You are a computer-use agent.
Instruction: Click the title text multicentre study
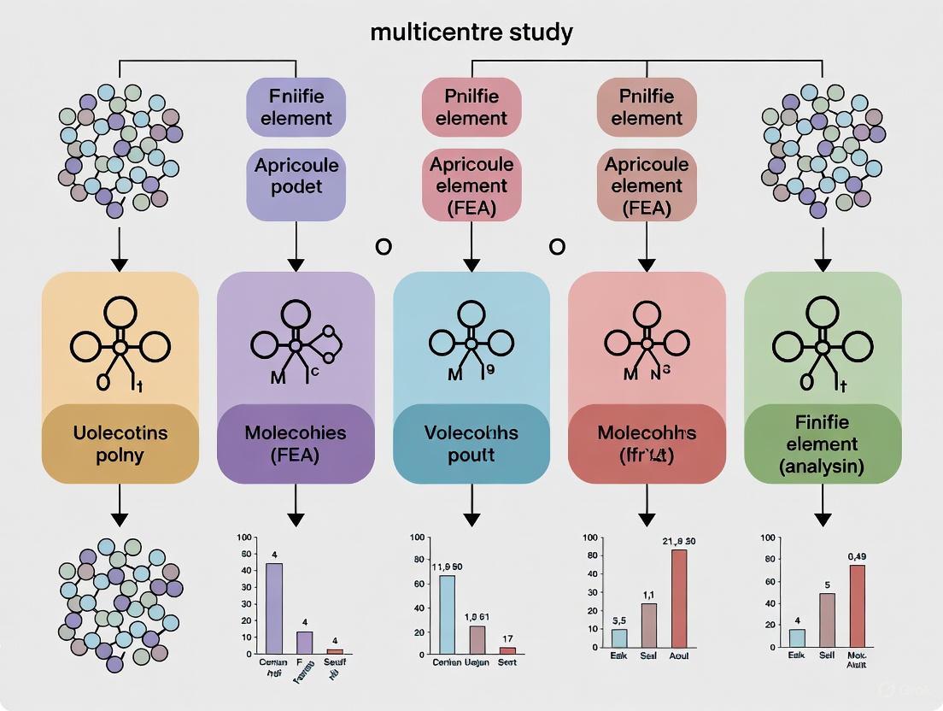tap(471, 33)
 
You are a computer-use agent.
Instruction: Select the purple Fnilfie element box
tap(296, 106)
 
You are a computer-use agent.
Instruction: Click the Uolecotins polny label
tap(120, 444)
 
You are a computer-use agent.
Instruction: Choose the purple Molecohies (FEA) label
tap(296, 444)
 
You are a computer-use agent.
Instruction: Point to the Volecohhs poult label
tap(471, 444)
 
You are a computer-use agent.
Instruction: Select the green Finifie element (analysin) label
tap(823, 444)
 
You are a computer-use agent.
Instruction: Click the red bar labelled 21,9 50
tap(679, 598)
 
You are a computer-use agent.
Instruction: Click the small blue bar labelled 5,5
tap(619, 638)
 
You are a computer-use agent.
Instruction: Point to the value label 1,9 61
tap(477, 616)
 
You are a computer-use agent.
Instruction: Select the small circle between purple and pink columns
tap(384, 247)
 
